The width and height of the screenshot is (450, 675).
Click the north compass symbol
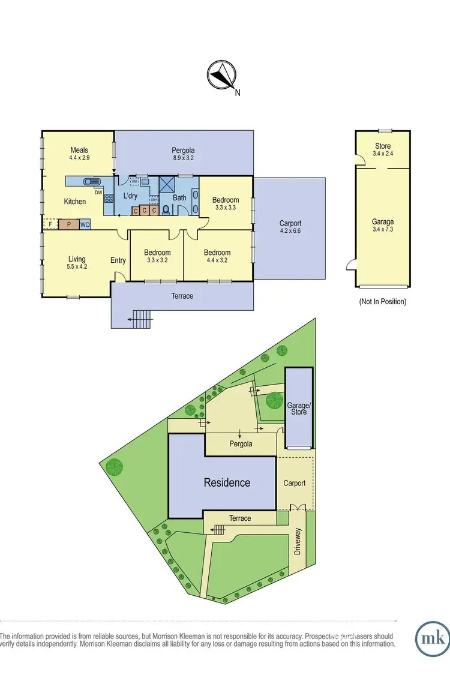pos(220,77)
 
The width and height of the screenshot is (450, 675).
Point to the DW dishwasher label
pos(97,192)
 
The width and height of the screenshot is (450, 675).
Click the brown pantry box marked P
pos(68,224)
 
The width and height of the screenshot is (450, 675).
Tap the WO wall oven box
pos(85,224)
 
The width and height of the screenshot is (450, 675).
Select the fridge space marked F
pos(50,224)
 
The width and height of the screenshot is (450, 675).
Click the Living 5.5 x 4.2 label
pos(77,263)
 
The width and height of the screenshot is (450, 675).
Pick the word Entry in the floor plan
pos(118,260)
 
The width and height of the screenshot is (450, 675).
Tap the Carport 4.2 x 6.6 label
pos(289,227)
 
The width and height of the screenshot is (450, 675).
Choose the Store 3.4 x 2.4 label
pos(383,149)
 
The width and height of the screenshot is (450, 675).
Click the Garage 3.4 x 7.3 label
pos(383,225)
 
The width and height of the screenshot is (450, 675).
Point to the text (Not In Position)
pos(382,302)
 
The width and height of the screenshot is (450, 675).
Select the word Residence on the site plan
pos(227,482)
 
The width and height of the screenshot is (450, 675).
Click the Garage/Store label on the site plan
pos(298,409)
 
